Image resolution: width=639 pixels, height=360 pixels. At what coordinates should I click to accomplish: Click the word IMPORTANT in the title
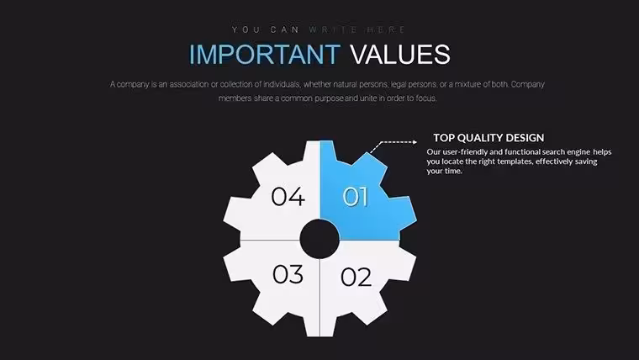click(x=265, y=54)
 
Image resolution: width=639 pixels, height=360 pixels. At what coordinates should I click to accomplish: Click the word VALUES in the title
click(x=400, y=54)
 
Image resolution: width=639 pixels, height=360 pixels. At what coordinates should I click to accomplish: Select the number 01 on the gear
click(x=355, y=197)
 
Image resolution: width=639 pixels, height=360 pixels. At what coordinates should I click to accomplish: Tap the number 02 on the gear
click(x=356, y=277)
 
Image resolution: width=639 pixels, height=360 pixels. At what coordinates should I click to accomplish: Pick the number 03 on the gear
click(x=288, y=274)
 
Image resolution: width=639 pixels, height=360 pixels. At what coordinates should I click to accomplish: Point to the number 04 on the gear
click(x=288, y=196)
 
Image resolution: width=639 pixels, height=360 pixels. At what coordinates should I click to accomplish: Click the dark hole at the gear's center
click(x=319, y=240)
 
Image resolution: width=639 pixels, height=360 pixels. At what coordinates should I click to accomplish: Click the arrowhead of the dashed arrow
click(x=415, y=142)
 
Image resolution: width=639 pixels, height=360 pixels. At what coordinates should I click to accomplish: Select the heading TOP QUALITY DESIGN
click(x=488, y=138)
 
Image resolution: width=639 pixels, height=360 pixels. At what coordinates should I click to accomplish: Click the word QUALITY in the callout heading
click(x=482, y=138)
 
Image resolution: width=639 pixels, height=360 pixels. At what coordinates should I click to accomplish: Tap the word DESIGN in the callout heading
click(x=527, y=138)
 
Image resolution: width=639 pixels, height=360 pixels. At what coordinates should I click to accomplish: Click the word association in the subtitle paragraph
click(x=189, y=84)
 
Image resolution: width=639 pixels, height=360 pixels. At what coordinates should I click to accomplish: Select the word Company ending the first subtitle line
click(x=528, y=84)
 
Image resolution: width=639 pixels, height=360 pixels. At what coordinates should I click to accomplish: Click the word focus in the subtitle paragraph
click(x=425, y=98)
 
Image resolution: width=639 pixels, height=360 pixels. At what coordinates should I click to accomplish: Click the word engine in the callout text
click(x=578, y=152)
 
